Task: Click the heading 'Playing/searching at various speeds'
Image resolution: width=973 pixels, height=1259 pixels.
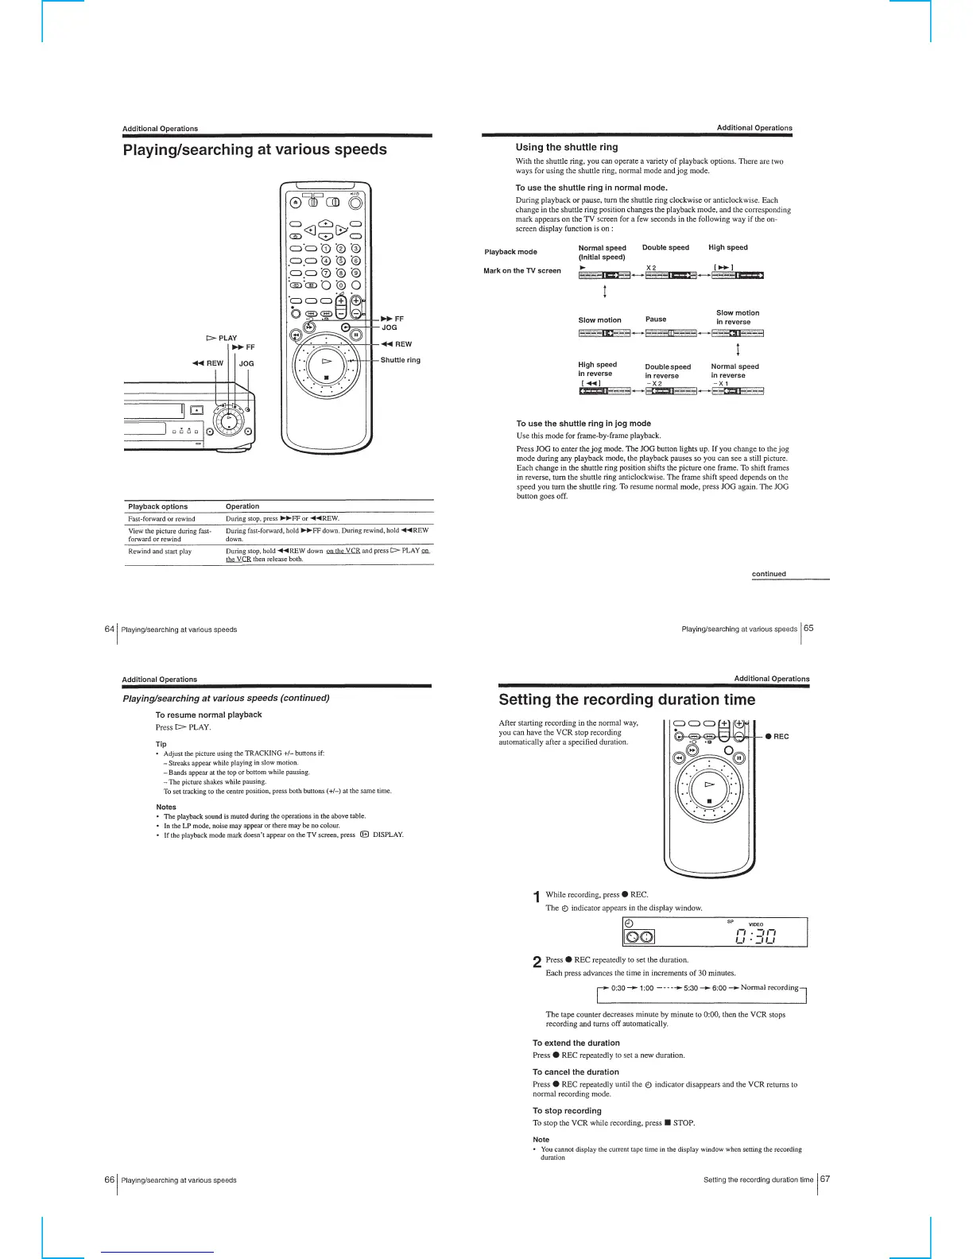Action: pos(254,149)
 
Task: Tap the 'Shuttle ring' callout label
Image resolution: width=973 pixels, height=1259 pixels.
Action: pos(400,360)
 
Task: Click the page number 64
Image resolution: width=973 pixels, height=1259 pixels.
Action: pos(110,629)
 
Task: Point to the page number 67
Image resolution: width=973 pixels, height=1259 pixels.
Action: pos(824,1179)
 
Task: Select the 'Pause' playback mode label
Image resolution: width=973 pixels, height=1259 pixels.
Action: pos(656,319)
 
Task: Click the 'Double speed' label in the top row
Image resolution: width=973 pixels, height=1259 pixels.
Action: pos(665,247)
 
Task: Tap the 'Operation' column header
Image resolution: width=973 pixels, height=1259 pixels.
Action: pos(242,506)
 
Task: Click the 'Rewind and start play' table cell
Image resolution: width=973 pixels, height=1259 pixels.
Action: pos(160,551)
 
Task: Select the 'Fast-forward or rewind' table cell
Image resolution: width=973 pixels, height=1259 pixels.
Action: pos(161,518)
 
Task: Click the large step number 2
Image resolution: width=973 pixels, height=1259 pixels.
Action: pos(537,963)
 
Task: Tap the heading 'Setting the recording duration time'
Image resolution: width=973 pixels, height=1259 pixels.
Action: pos(626,699)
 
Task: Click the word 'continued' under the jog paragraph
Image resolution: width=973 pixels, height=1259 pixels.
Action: pos(769,573)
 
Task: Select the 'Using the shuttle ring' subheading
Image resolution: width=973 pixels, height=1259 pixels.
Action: pos(566,147)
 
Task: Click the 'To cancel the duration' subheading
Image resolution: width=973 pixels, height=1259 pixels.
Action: pos(576,1071)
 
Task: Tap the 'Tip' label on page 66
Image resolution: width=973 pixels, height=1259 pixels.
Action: pos(161,744)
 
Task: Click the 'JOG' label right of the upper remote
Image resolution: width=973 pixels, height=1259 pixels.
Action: pos(390,327)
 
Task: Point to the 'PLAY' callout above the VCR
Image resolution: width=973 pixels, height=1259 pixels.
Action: pos(227,338)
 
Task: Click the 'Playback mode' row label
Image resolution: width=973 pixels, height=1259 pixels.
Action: pos(510,252)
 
